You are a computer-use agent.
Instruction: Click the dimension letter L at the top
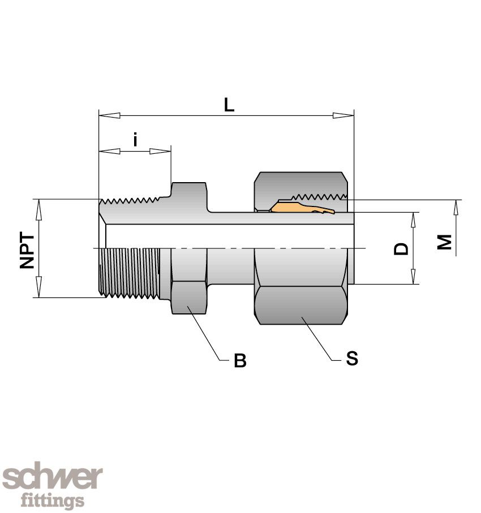click(229, 105)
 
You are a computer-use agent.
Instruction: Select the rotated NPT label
click(27, 251)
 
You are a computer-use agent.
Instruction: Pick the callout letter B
click(240, 361)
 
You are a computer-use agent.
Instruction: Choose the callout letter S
click(352, 359)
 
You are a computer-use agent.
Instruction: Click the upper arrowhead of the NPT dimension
click(39, 209)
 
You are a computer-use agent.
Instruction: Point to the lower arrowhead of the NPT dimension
click(39, 287)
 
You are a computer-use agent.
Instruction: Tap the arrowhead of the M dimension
click(456, 210)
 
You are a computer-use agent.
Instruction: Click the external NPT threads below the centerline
click(130, 271)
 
